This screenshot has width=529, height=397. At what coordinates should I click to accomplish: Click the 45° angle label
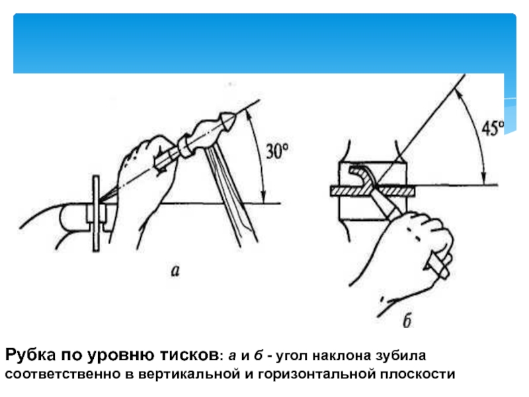492,128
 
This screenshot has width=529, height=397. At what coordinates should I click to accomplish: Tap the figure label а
175,270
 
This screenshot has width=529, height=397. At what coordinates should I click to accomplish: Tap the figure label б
408,322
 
